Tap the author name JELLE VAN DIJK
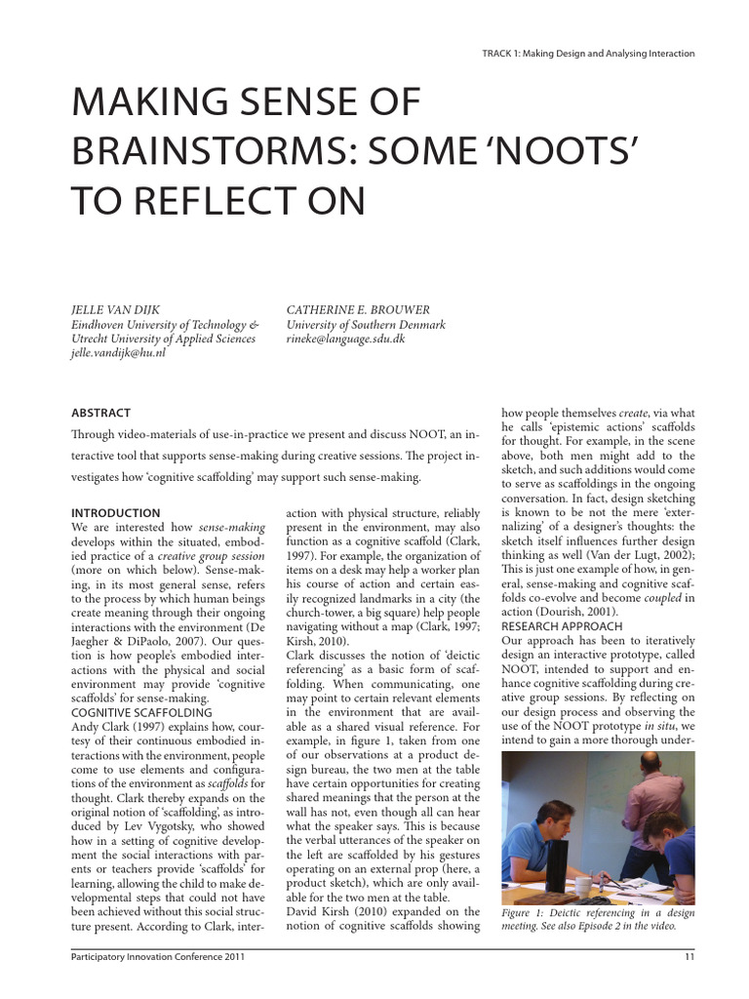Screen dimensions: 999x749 click(x=118, y=309)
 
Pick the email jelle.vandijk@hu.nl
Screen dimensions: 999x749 click(x=119, y=353)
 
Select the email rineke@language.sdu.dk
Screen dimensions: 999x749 click(x=345, y=339)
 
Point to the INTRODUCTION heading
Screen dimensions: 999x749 click(x=116, y=513)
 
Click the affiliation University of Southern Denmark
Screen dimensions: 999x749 click(x=366, y=324)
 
